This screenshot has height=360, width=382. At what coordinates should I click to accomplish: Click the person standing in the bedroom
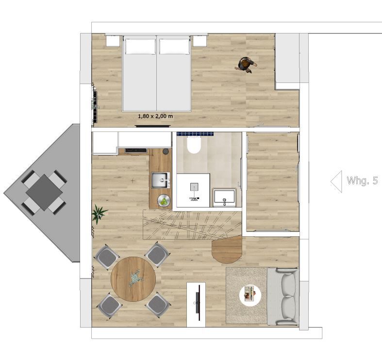point(246,65)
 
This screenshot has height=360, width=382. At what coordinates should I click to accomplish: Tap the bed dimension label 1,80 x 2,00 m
point(155,116)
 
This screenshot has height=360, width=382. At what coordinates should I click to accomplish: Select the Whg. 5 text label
point(362,181)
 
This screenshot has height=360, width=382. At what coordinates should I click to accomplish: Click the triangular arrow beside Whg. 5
point(336,181)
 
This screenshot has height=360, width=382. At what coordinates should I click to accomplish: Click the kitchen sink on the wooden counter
point(160,180)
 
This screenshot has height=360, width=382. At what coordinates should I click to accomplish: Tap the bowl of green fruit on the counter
point(164,201)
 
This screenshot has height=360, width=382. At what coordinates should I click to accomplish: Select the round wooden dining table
point(133,279)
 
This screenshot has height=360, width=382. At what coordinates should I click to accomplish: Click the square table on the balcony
point(44,192)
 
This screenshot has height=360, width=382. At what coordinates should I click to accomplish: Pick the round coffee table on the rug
point(250,296)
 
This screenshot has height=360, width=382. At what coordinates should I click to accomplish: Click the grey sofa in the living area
point(283,296)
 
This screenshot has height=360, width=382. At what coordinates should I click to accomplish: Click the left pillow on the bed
point(141,46)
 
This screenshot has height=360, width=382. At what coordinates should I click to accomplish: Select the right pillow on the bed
point(174,46)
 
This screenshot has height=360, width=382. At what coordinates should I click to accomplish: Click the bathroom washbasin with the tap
point(224,197)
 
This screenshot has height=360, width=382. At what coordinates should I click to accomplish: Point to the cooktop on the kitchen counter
point(136,150)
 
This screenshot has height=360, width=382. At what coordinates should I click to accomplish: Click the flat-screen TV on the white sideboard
point(199,303)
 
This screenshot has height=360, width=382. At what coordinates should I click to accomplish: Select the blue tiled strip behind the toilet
point(196,134)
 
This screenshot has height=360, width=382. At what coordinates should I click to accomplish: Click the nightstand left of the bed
point(113,41)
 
